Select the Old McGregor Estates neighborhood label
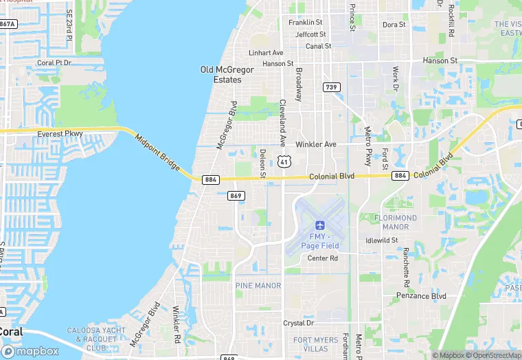point(227,75)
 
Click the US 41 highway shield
point(283,161)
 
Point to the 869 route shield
point(236,196)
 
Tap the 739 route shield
point(332,87)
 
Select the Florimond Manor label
point(396,222)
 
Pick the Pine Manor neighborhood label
point(258,285)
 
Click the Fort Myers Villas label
point(316,344)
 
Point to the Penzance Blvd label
point(421,296)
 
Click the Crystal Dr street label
point(299,323)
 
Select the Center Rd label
point(323,258)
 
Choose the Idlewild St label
point(383,240)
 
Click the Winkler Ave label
point(316,145)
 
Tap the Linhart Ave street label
point(266,53)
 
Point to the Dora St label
point(394,25)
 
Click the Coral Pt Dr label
point(54,63)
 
